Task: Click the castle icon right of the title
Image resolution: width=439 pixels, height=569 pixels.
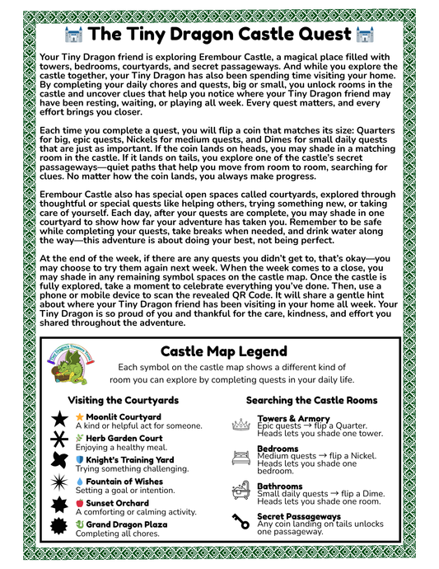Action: [x=364, y=35]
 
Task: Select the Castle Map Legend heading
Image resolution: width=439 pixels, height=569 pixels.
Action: [x=218, y=351]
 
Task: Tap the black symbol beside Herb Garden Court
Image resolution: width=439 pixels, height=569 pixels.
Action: [x=60, y=441]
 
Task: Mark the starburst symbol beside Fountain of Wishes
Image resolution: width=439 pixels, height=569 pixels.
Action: [x=60, y=484]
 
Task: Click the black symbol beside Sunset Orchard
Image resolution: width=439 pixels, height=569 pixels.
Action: [x=60, y=506]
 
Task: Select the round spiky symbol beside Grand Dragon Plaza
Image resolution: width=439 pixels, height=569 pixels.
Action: [x=60, y=526]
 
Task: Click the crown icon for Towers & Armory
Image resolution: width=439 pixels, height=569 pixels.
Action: [x=242, y=423]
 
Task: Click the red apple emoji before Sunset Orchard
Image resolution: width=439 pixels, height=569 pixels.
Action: [x=79, y=502]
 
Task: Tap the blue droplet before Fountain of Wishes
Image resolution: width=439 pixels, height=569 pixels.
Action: [x=79, y=481]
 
